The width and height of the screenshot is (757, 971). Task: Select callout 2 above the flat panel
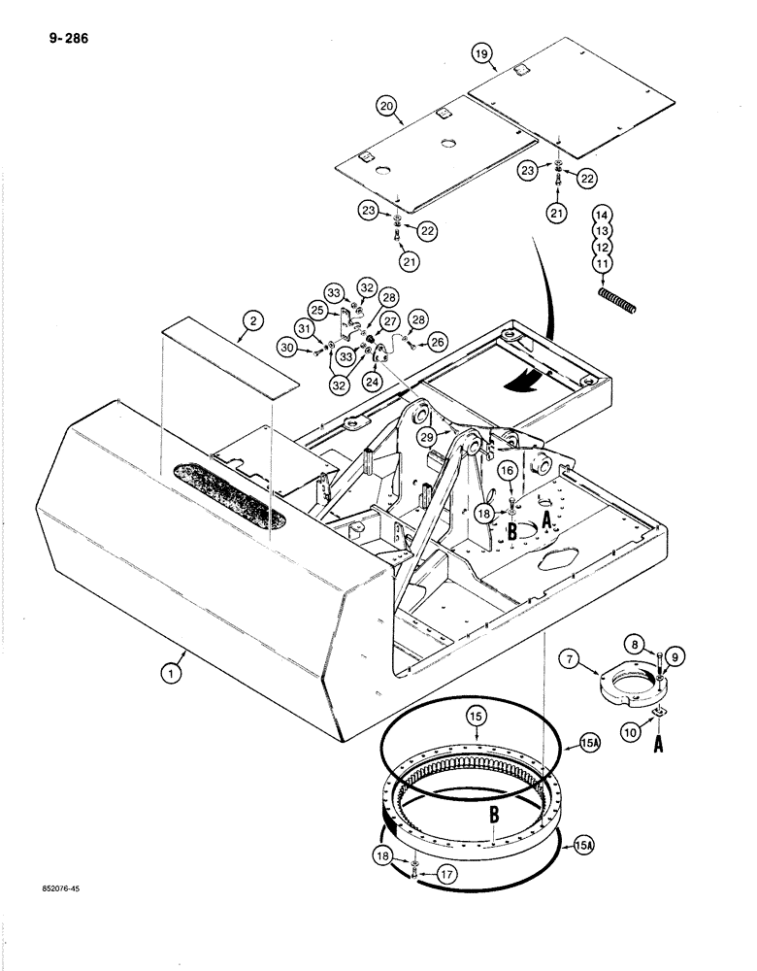(x=251, y=321)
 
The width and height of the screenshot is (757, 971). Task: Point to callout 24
(x=372, y=382)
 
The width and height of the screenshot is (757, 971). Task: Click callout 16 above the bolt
(x=508, y=471)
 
